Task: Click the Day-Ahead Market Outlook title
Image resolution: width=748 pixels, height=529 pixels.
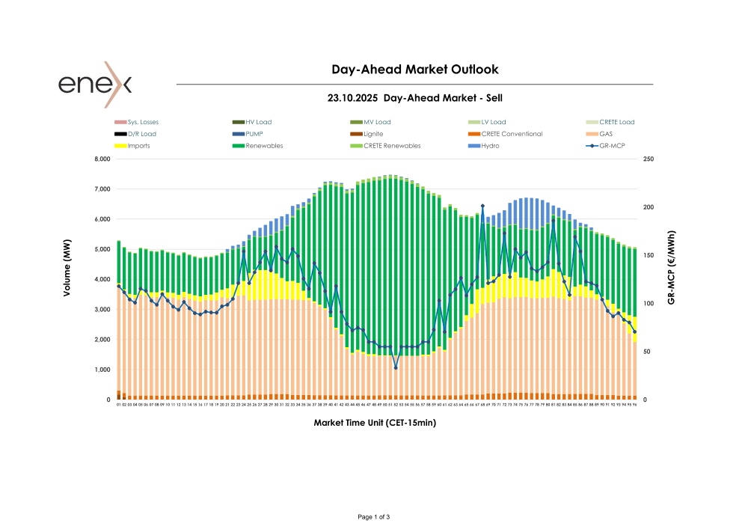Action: click(414, 70)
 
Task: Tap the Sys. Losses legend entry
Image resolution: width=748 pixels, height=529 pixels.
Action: click(143, 122)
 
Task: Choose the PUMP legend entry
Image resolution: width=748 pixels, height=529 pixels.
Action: click(254, 134)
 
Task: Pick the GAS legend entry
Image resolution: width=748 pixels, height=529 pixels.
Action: click(607, 134)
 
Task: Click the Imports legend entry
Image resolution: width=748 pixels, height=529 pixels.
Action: click(138, 146)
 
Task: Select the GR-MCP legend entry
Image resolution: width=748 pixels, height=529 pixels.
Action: click(613, 146)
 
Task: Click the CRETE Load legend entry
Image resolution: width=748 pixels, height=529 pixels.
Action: click(616, 122)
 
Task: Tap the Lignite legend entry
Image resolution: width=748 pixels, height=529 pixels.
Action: click(374, 134)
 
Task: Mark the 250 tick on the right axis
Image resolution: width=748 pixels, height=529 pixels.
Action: click(649, 159)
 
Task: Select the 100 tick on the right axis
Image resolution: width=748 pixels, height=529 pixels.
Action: click(649, 304)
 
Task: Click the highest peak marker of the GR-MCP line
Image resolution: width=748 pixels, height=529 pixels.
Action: click(482, 206)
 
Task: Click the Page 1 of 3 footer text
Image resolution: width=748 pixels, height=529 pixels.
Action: click(374, 517)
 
